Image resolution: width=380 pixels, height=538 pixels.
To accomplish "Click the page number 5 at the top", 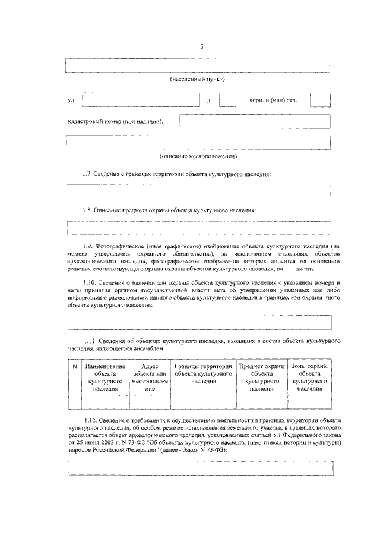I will click(x=201, y=48).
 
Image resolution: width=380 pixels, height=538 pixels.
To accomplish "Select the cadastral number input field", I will click(x=255, y=121).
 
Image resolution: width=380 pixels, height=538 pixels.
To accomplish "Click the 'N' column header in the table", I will click(x=74, y=367).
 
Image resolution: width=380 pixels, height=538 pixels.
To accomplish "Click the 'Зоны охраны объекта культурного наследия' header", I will click(x=309, y=377).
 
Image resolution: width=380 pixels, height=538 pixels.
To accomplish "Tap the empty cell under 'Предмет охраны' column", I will click(x=261, y=402).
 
